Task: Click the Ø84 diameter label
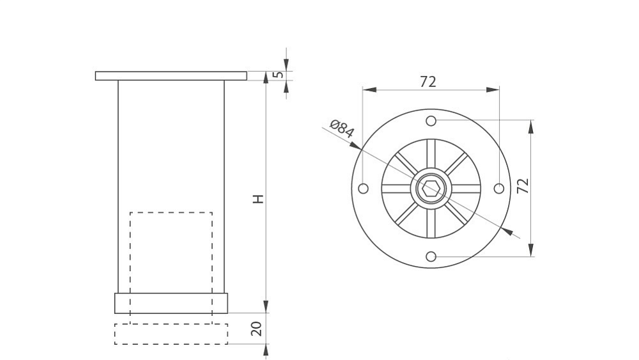pyautogui.click(x=341, y=129)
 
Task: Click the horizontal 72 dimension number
pyautogui.click(x=428, y=82)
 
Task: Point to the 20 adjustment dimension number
pyautogui.click(x=256, y=329)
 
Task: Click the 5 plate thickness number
pyautogui.click(x=279, y=75)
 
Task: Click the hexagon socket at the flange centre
pyautogui.click(x=431, y=189)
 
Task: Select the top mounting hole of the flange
pyautogui.click(x=431, y=121)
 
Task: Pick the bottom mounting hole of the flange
pyautogui.click(x=431, y=256)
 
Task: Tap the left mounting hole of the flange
pyautogui.click(x=363, y=189)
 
